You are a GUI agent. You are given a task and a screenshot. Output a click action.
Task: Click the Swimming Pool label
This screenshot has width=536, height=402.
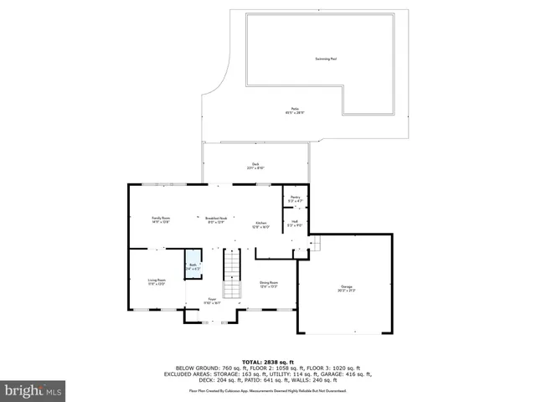pyautogui.click(x=326, y=59)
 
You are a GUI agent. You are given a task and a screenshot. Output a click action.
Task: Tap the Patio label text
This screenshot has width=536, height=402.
pyautogui.click(x=296, y=111)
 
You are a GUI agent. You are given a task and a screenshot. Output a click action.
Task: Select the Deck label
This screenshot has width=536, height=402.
pyautogui.click(x=255, y=166)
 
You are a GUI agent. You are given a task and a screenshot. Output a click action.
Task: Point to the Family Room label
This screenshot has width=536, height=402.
pyautogui.click(x=161, y=219)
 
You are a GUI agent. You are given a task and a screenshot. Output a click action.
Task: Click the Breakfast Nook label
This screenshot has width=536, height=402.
pyautogui.click(x=217, y=219)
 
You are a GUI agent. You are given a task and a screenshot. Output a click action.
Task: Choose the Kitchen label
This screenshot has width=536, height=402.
pyautogui.click(x=261, y=224)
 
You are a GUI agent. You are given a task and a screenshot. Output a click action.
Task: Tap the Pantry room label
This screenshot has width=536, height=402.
pyautogui.click(x=295, y=198)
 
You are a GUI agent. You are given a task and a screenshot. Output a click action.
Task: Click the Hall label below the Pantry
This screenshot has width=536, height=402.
pyautogui.click(x=295, y=224)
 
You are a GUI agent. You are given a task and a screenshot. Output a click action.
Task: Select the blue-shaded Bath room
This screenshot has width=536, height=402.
pyautogui.click(x=193, y=266)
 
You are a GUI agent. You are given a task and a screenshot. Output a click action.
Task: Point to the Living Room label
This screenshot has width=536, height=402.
pyautogui.click(x=157, y=282)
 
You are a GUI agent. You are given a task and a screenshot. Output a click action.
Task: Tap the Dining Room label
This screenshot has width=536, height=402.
pyautogui.click(x=268, y=284)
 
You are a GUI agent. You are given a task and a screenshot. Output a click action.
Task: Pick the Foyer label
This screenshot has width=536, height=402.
pyautogui.click(x=214, y=301)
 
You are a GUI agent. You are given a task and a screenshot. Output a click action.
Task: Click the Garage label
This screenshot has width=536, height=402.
pyautogui.click(x=346, y=287)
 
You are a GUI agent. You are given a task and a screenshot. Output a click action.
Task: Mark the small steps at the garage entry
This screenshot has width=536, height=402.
pyautogui.click(x=316, y=244)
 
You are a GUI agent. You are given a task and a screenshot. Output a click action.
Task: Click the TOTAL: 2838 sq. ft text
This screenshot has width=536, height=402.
pyautogui.click(x=269, y=362)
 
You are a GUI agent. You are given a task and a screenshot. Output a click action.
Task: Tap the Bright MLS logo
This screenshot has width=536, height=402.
pyautogui.click(x=33, y=390)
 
